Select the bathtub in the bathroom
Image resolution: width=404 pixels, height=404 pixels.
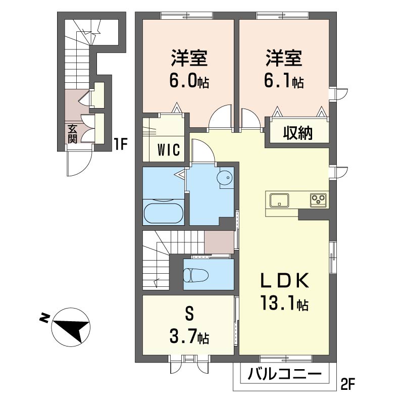tap(163, 212)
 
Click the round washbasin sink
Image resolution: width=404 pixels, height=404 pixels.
tap(225, 178)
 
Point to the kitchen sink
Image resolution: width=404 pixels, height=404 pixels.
tap(278, 200)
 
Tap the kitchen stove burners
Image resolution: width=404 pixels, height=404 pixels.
tap(319, 200)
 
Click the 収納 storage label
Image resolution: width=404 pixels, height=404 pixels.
tap(297, 133)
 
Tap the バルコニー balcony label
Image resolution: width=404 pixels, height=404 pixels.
tap(285, 375)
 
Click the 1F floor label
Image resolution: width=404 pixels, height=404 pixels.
tap(120, 145)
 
